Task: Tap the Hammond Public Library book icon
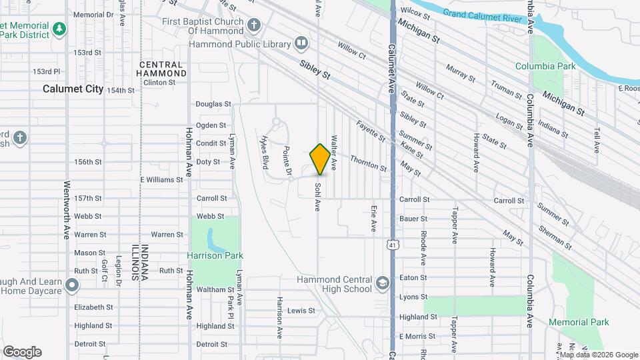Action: (x=301, y=44)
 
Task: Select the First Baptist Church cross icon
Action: (x=253, y=26)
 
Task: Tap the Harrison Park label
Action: (x=215, y=255)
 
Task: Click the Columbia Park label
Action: (x=545, y=66)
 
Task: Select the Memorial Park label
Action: (x=579, y=322)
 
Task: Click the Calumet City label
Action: (x=73, y=89)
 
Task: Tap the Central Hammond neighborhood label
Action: (x=162, y=69)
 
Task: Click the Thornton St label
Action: (x=369, y=163)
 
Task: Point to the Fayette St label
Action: (x=371, y=130)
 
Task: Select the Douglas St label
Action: (x=213, y=104)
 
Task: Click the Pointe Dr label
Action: (x=288, y=162)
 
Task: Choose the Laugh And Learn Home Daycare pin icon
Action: (x=72, y=285)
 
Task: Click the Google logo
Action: (x=22, y=352)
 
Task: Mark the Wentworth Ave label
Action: (x=67, y=210)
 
